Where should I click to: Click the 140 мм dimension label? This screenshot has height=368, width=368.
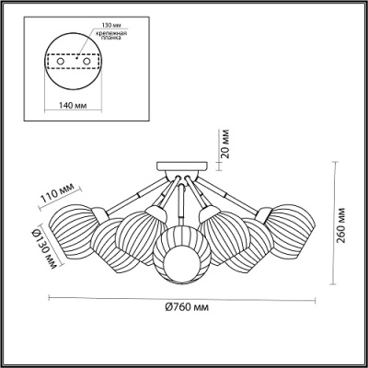point(73,105)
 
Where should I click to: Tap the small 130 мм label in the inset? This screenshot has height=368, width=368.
point(109,25)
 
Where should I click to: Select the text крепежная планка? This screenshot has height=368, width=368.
point(111,35)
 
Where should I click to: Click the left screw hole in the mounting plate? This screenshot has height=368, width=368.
point(61,62)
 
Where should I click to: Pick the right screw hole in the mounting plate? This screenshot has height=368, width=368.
point(87,62)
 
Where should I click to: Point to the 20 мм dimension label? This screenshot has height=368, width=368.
point(225,144)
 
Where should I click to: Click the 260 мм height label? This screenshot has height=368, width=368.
point(341,225)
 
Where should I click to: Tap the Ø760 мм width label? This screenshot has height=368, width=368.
point(187,307)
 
